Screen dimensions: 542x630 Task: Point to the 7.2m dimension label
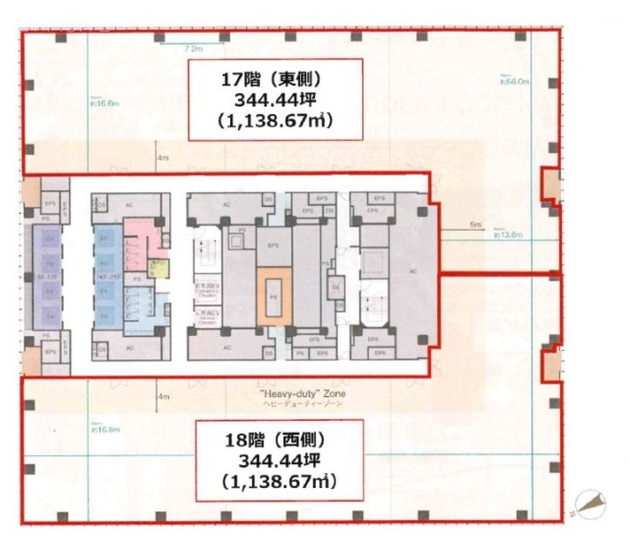192,47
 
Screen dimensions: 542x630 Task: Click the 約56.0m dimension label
514,83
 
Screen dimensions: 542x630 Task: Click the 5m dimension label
475,226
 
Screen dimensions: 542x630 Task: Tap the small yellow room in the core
157,267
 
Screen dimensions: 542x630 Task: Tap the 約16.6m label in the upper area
101,102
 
